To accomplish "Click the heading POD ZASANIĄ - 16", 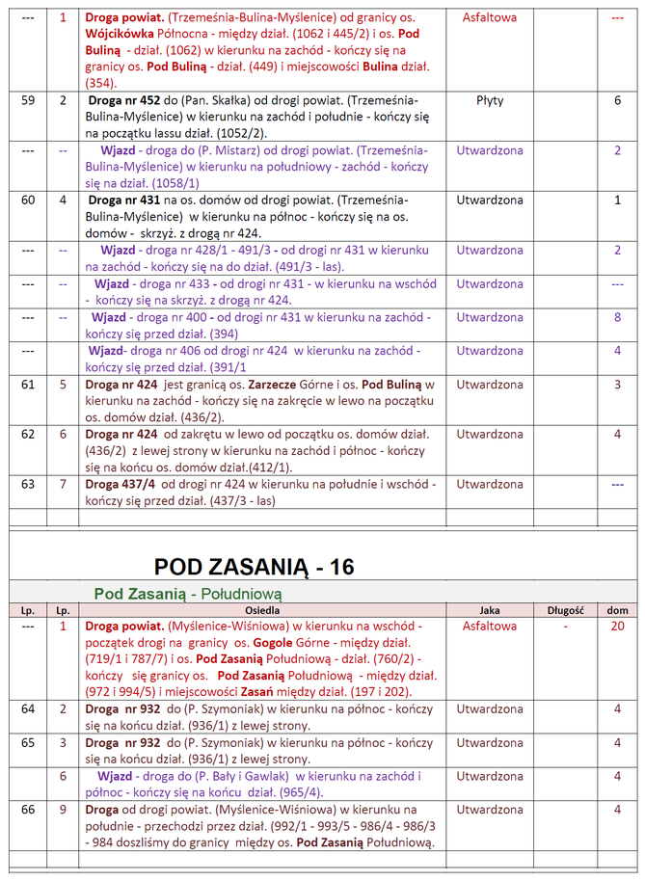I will click(255, 567).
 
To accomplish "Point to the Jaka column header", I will click(490, 610).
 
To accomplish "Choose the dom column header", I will click(617, 610).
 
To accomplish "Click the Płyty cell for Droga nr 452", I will click(490, 100).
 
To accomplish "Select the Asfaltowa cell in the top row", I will click(490, 17).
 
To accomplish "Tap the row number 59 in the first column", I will click(28, 100).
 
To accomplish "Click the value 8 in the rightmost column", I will click(617, 317).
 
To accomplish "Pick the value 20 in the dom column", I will click(617, 627).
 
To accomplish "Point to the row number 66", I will click(28, 810).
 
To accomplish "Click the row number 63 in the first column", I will click(28, 484).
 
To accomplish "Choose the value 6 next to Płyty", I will click(617, 100).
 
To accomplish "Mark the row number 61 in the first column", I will click(28, 385).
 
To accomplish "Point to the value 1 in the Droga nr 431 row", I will click(617, 200).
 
